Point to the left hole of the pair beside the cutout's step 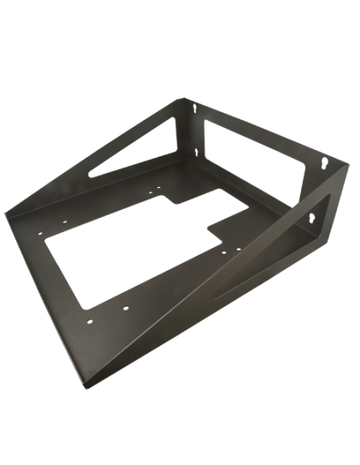(214, 248)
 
